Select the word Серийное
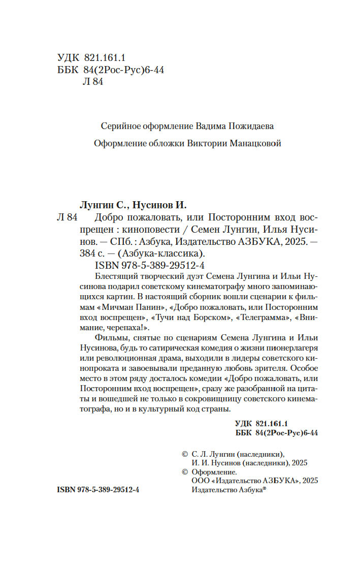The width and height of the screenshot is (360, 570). (x=121, y=125)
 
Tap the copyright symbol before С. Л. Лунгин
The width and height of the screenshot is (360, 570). (x=185, y=454)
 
